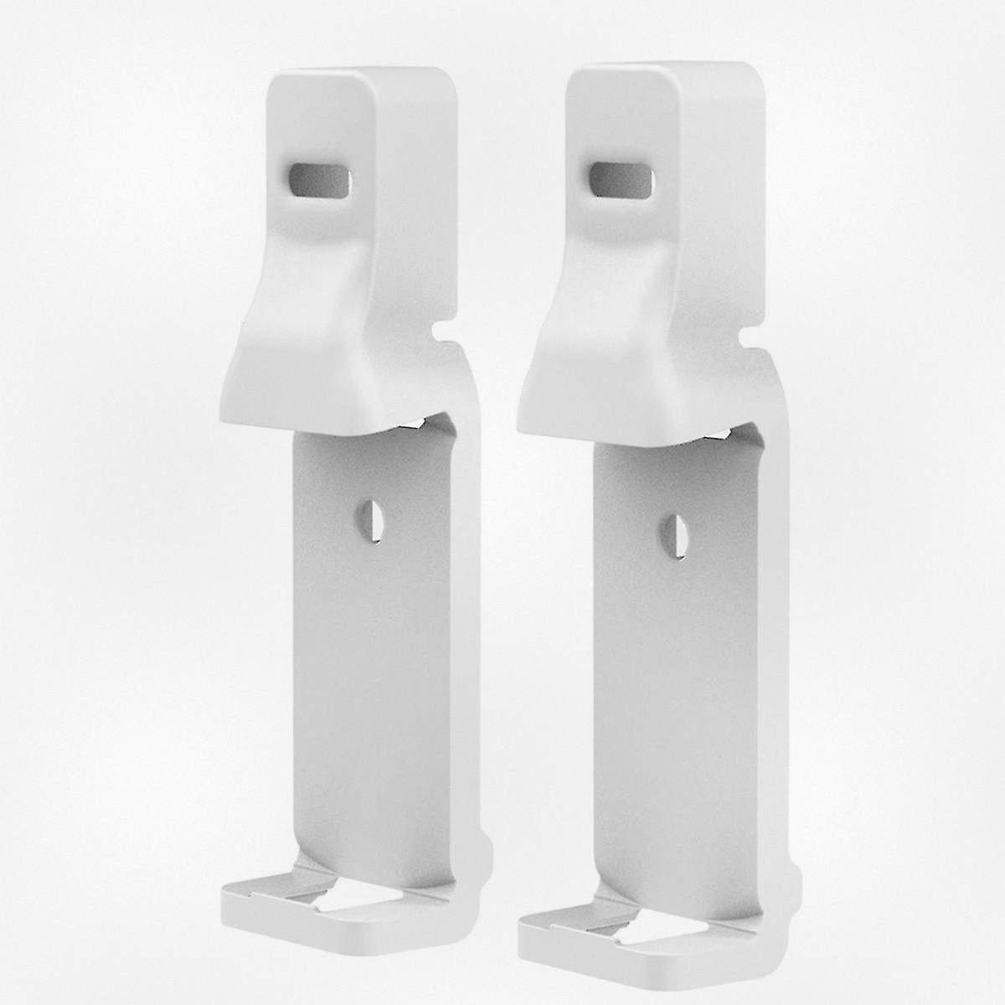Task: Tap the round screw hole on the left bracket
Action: pos(369,518)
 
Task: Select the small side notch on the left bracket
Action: pos(441,334)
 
